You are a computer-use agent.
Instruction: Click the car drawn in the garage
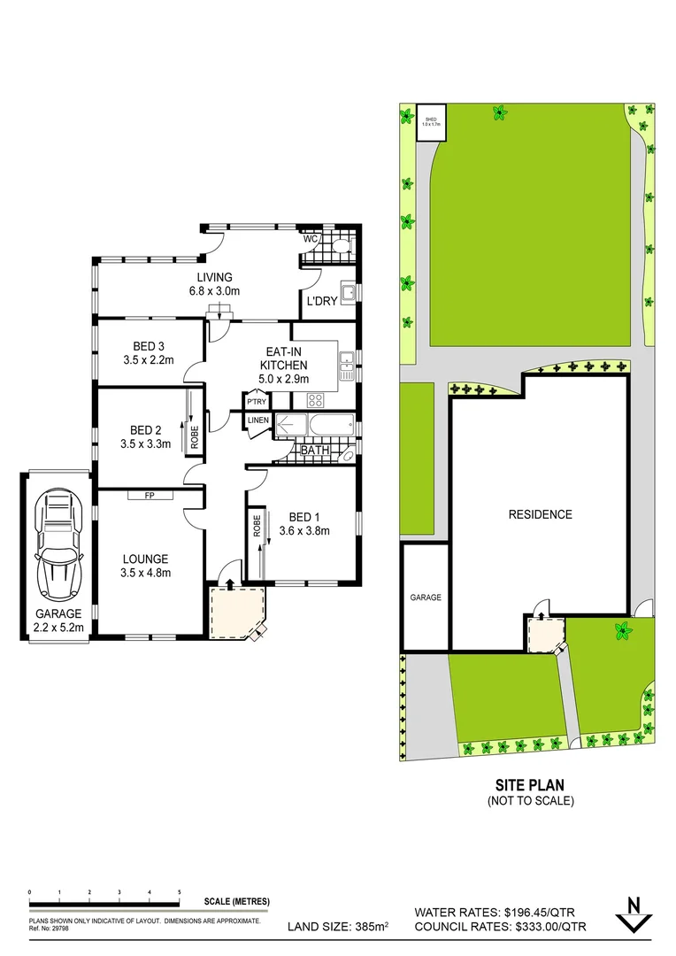pos(58,545)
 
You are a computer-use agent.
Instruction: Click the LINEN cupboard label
pos(257,420)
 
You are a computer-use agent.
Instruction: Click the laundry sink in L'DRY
pos(349,293)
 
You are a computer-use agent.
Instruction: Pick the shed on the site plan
pos(432,123)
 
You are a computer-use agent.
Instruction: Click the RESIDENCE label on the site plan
pos(540,514)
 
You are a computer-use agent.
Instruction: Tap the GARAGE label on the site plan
pos(425,597)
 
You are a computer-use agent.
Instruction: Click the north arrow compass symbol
pos(633,914)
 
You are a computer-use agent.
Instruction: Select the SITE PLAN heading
pos(530,784)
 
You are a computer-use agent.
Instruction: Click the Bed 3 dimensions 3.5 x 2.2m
pos(148,359)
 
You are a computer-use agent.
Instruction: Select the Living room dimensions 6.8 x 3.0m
pos(215,290)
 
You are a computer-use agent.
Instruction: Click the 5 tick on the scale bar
pos(180,892)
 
